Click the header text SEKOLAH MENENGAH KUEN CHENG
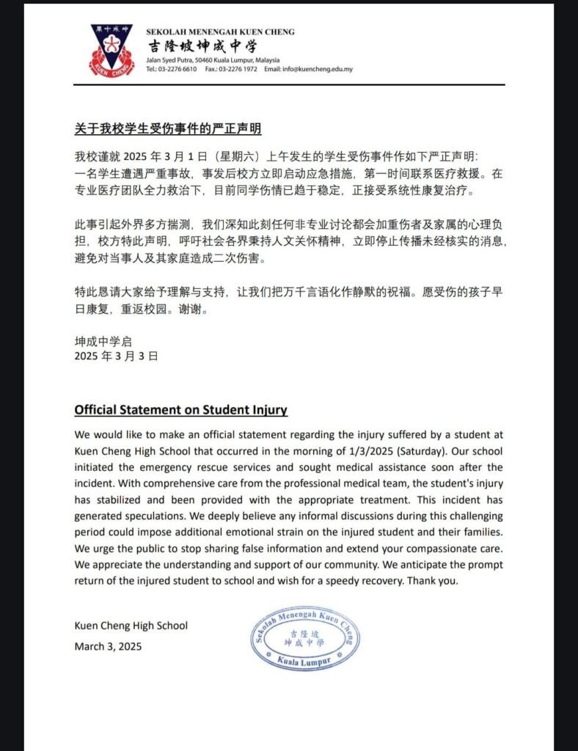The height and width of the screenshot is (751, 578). point(220,32)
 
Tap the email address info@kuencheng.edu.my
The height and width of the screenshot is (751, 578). point(308,69)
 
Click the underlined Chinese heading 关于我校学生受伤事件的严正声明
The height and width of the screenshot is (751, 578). point(168,128)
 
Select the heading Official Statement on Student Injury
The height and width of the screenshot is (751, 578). point(180,410)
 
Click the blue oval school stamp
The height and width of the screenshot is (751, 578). point(306,639)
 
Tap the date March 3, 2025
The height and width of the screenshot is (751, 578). point(108,646)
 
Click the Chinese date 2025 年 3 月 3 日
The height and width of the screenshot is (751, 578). point(117,356)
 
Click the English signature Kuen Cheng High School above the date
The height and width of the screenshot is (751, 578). point(131,626)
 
